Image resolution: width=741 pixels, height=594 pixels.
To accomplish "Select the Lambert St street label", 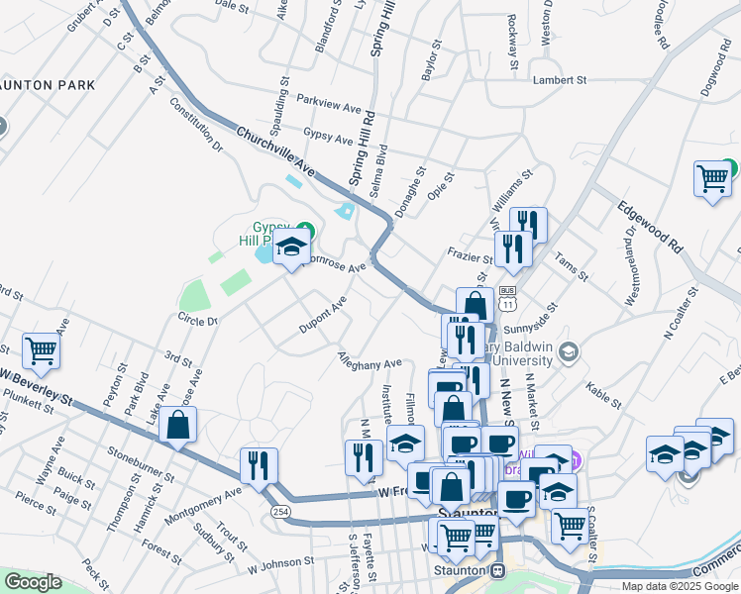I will click(x=560, y=80).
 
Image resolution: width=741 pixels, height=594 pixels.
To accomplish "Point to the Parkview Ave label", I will click(x=332, y=104).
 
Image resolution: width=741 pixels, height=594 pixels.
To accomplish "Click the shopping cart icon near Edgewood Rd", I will click(x=712, y=179).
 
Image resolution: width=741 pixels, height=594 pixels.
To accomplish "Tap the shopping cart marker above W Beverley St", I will click(x=41, y=348).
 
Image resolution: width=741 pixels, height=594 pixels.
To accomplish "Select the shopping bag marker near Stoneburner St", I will click(x=178, y=426).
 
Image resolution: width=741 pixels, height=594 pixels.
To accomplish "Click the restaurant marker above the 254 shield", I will click(x=259, y=464).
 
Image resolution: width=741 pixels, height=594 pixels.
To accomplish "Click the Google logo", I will click(x=33, y=582).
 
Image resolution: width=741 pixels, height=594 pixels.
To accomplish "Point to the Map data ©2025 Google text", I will click(x=679, y=586).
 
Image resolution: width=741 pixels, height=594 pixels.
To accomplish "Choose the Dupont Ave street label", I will click(x=323, y=315).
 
